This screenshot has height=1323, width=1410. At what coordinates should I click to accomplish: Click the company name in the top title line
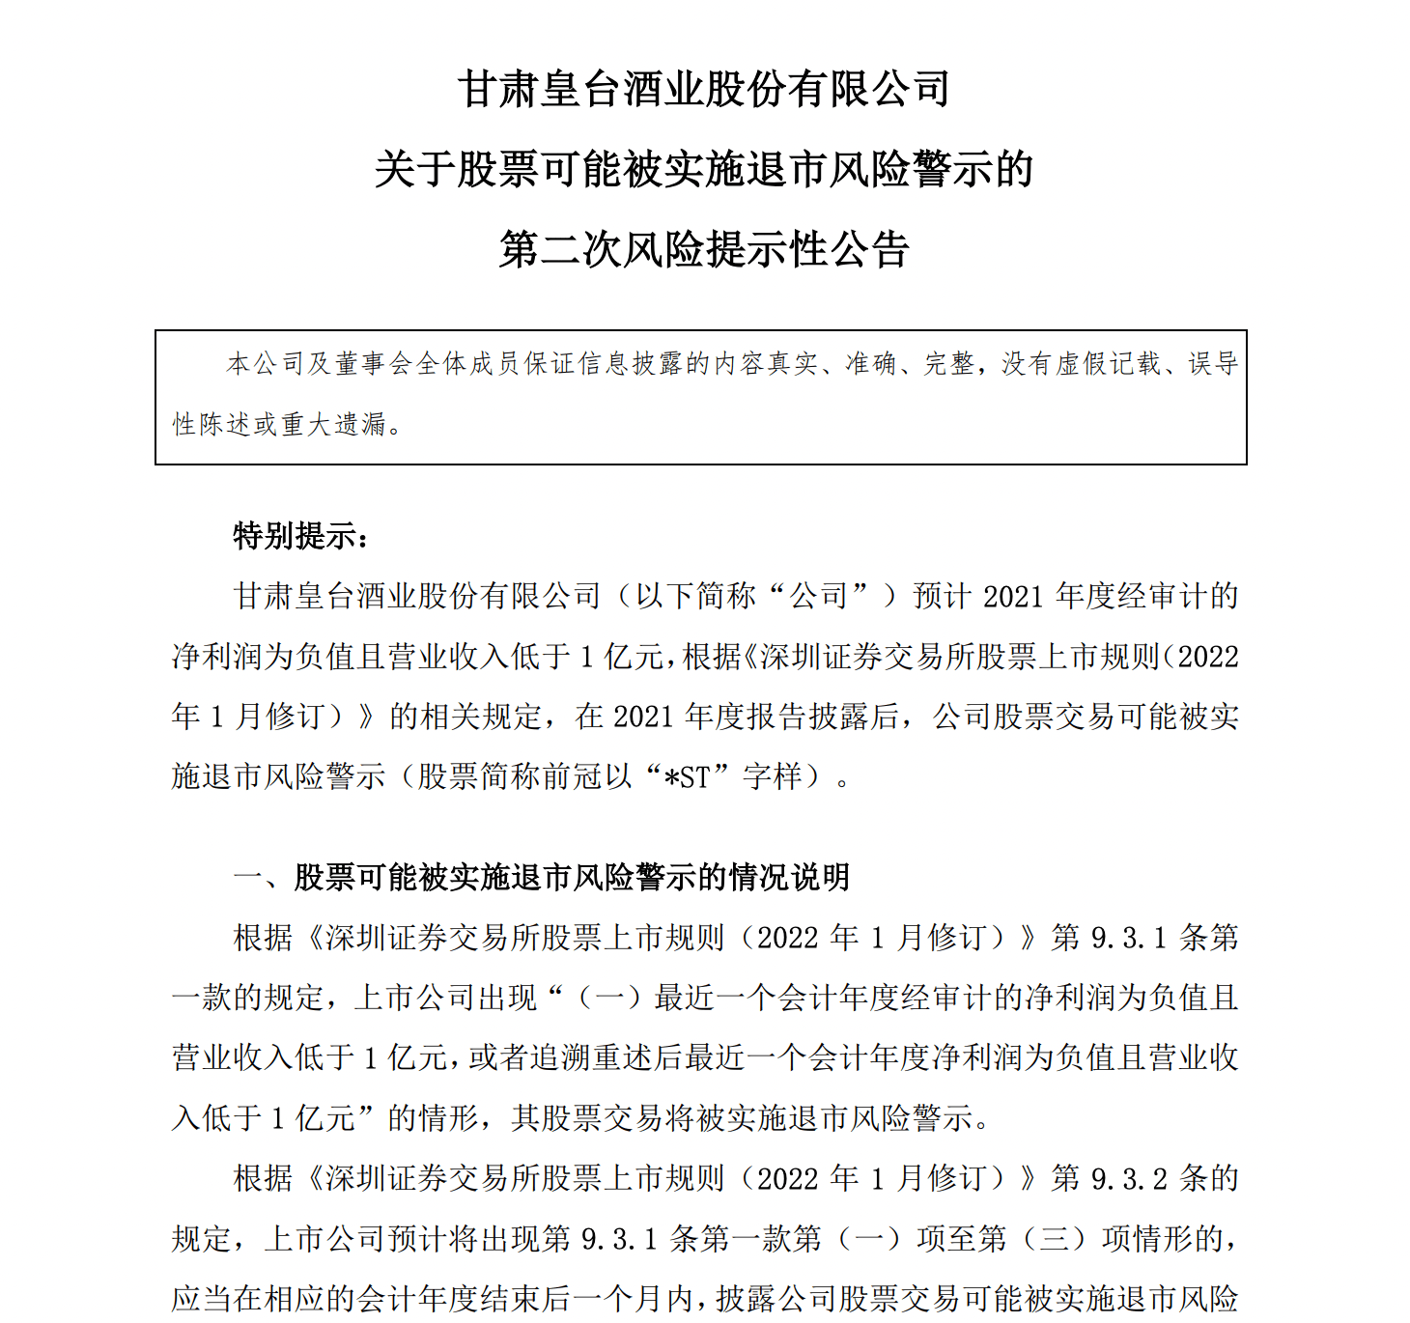(x=704, y=90)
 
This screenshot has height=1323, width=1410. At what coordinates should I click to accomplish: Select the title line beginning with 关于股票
(x=704, y=170)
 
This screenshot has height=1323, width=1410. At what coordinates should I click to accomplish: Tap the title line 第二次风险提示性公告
(x=704, y=250)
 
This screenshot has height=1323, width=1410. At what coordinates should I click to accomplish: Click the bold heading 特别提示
(x=299, y=536)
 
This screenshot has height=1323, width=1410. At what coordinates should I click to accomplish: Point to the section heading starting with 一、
(x=541, y=877)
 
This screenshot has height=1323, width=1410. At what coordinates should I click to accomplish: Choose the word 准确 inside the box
(x=871, y=364)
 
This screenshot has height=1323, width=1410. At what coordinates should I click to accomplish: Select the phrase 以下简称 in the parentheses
(x=695, y=597)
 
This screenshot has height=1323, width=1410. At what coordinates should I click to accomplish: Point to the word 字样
(x=773, y=776)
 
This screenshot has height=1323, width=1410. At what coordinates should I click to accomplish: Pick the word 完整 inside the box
(x=949, y=364)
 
